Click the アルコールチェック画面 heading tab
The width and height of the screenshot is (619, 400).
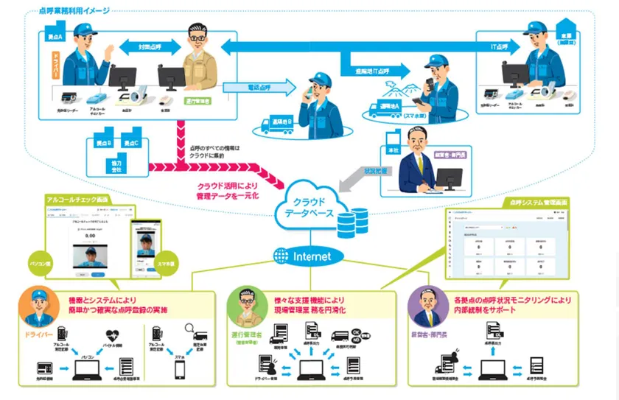click(x=81, y=200)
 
